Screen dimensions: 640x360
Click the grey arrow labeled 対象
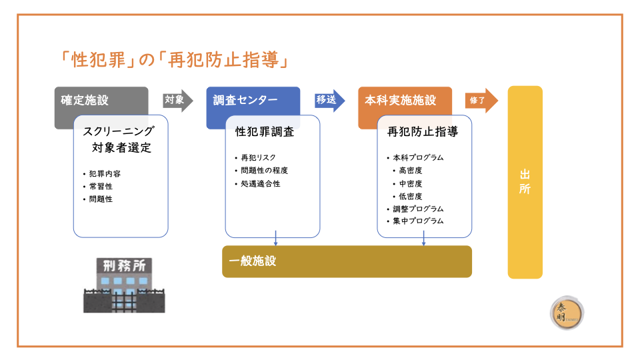[177, 101]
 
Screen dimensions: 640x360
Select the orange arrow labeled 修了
[481, 101]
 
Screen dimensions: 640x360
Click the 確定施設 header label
[85, 101]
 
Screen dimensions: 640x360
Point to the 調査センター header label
[245, 101]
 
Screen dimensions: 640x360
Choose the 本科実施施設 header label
[401, 101]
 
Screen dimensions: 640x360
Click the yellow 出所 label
[525, 182]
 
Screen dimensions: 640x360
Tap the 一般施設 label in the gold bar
[253, 261]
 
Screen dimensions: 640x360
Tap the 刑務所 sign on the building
[124, 266]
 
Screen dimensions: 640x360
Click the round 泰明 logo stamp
[567, 313]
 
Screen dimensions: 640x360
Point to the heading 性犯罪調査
[265, 132]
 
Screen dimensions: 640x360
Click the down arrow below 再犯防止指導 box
[424, 239]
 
